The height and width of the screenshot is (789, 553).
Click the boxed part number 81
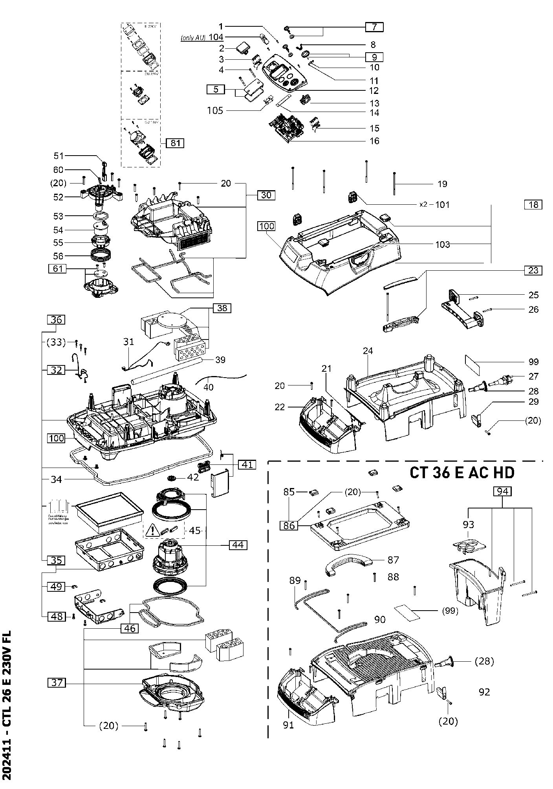click(x=175, y=143)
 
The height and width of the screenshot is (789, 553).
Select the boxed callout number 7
click(x=374, y=27)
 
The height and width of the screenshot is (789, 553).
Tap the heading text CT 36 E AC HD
click(x=462, y=473)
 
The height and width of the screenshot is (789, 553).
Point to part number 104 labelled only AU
click(x=215, y=37)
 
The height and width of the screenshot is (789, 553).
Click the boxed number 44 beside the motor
click(x=238, y=545)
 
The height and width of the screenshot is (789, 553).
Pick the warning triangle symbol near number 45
click(x=151, y=531)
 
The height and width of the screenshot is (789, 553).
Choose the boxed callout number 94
click(x=504, y=491)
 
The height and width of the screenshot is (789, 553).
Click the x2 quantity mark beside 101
click(x=423, y=205)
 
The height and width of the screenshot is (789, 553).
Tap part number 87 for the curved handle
click(x=393, y=560)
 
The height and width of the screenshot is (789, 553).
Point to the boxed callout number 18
click(x=533, y=204)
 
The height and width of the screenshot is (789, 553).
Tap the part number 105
click(x=215, y=111)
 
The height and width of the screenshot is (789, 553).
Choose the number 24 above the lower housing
click(x=368, y=351)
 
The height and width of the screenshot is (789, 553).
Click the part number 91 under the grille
click(x=289, y=725)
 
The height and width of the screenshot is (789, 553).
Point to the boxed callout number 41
click(x=247, y=465)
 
